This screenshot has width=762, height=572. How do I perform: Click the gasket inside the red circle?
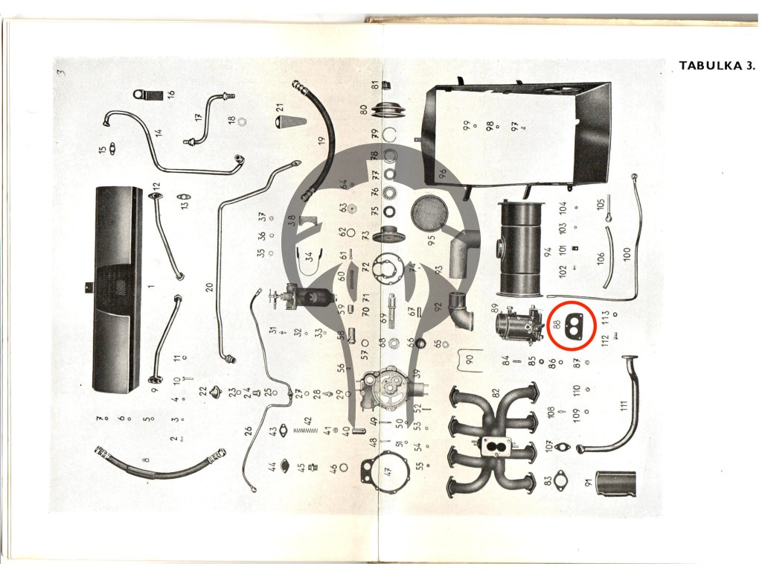point(576,323)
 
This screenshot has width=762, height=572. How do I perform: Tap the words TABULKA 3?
point(717,66)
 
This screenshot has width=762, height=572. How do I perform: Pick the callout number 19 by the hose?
point(321,139)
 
